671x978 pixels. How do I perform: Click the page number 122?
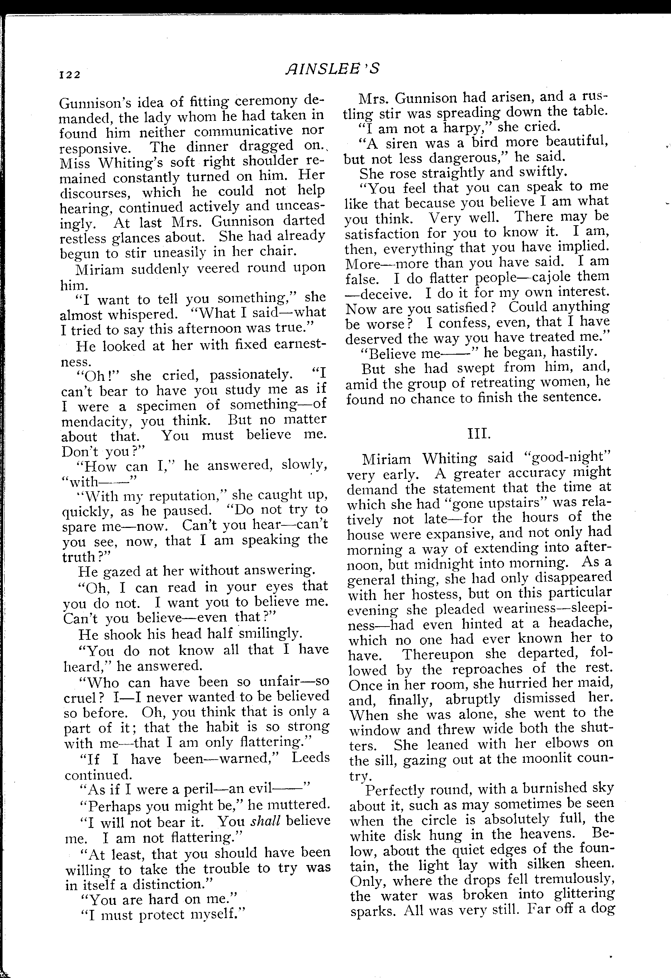tap(70, 75)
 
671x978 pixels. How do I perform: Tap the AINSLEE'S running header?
tap(332, 68)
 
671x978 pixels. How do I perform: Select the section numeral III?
tap(479, 434)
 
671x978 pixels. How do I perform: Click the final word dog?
tap(602, 909)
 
